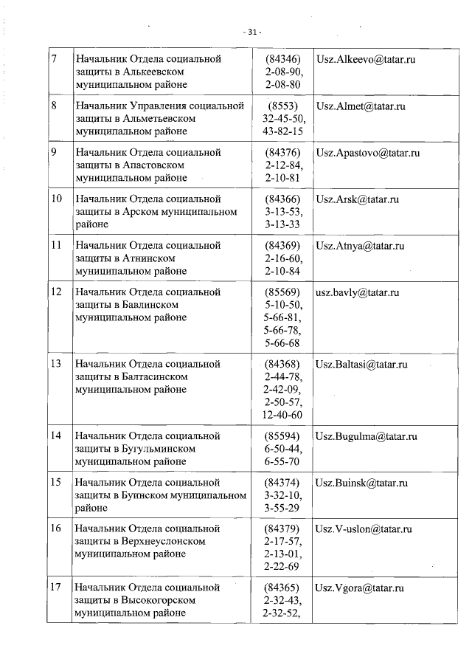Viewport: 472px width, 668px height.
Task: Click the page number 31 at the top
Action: coord(253,32)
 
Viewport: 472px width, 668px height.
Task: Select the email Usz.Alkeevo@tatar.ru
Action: coord(365,59)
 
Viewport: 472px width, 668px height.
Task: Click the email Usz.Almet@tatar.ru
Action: coord(360,106)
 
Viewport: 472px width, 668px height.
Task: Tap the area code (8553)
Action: coord(283,106)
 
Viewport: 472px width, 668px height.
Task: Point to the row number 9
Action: coord(55,153)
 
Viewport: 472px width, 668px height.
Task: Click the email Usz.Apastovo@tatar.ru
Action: coord(367,153)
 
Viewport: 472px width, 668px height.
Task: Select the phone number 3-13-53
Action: coord(283,213)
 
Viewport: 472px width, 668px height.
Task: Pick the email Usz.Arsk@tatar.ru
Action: coord(357,199)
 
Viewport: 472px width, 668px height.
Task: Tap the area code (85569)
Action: coord(283,292)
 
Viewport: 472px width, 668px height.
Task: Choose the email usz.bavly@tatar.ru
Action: coord(357,292)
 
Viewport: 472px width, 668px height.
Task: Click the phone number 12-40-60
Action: coord(283,416)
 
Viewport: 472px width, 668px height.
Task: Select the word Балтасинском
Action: coord(152,377)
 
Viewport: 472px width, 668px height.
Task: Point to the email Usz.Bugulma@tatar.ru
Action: coord(367,436)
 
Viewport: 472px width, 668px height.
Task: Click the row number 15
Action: coord(55,483)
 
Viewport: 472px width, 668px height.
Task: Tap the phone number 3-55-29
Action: coord(283,509)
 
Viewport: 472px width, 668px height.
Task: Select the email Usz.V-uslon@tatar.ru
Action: coord(364,529)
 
